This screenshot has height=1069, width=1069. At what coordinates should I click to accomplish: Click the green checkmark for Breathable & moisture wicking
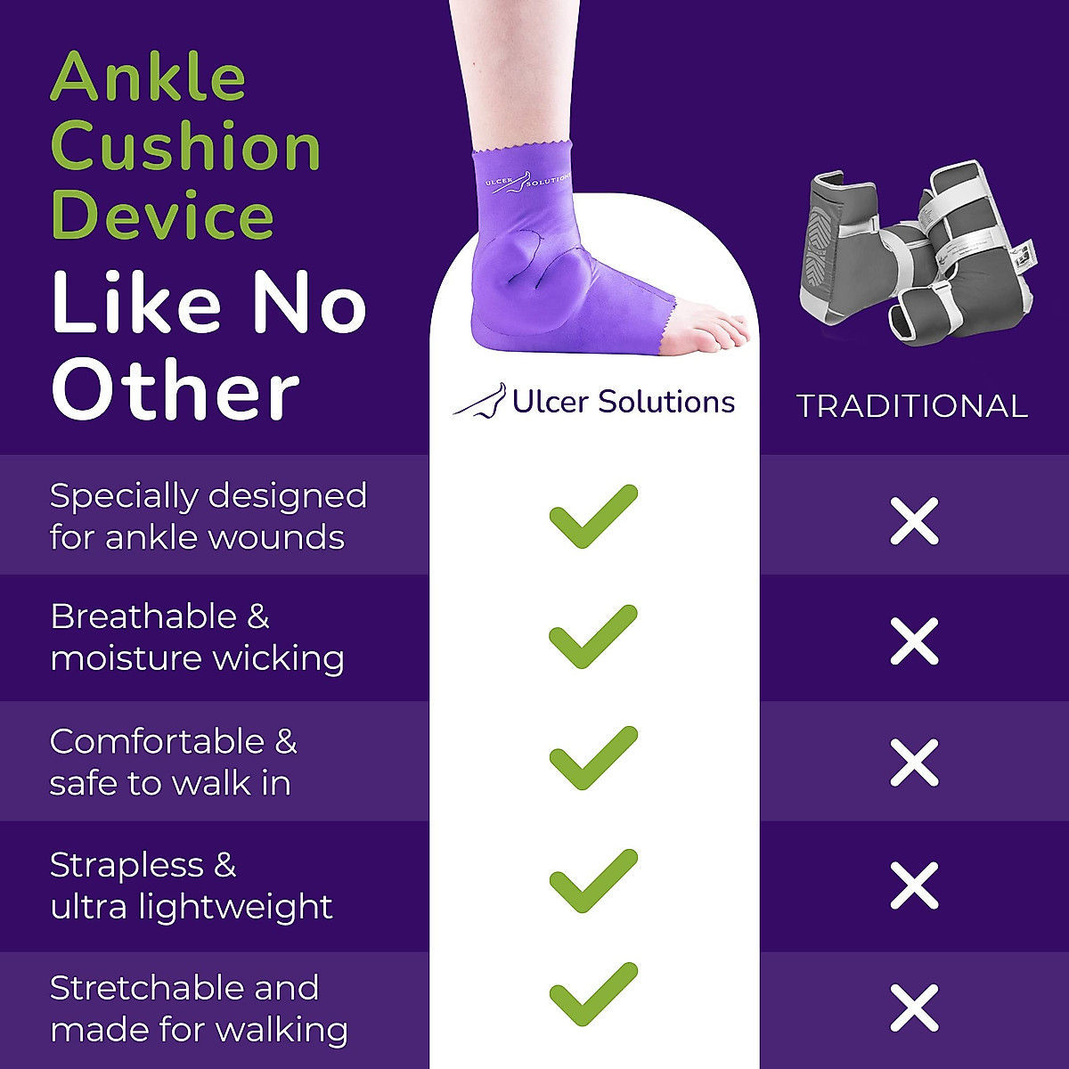[592, 638]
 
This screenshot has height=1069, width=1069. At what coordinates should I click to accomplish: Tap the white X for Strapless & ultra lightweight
[914, 885]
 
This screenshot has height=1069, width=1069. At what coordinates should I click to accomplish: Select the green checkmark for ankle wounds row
[592, 517]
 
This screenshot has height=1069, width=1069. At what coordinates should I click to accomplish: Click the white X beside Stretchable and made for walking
[914, 1008]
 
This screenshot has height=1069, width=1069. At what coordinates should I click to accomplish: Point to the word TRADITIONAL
[912, 406]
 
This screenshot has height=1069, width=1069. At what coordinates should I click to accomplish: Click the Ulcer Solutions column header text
[623, 402]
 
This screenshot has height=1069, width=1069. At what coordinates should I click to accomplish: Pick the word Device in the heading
[162, 216]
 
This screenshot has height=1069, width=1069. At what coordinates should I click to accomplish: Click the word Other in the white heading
[175, 391]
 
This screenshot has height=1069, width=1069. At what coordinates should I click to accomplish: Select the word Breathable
[143, 616]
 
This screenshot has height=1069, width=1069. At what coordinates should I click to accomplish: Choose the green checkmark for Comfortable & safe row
[592, 759]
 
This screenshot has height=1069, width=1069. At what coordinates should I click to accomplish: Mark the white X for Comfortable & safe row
[914, 763]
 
